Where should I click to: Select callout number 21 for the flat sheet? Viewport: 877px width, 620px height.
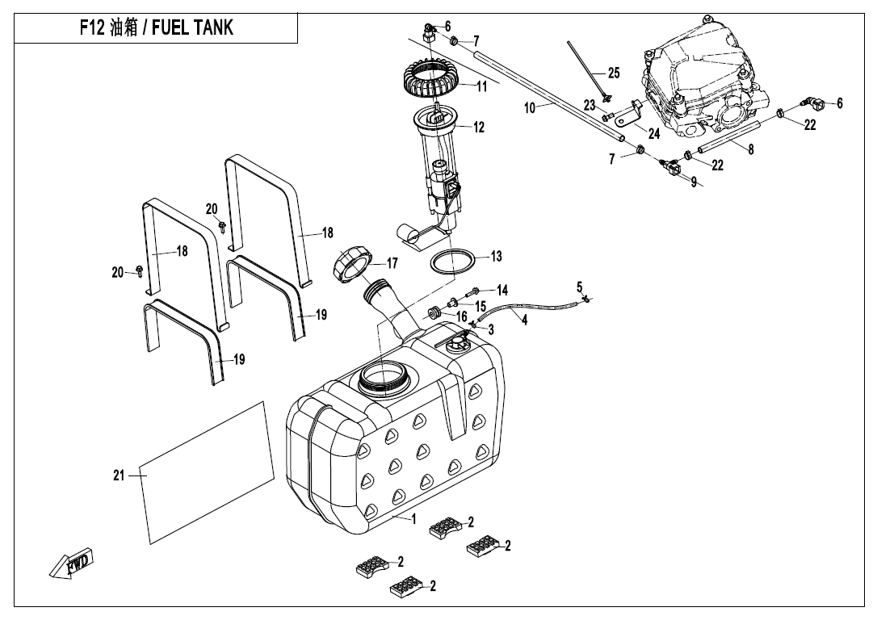119,475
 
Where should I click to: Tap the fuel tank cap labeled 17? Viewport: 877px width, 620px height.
353,266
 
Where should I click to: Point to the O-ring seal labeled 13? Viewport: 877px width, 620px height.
452,262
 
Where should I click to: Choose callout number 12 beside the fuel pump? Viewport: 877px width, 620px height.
479,128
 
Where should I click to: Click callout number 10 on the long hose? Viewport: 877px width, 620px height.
530,107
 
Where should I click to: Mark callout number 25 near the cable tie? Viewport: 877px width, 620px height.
614,73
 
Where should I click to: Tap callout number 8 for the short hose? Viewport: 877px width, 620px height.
751,149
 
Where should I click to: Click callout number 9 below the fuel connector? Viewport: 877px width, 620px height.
693,182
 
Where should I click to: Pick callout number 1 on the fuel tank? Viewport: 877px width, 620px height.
413,520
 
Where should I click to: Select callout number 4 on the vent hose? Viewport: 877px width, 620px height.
525,320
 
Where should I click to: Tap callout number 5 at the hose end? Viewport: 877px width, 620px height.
580,287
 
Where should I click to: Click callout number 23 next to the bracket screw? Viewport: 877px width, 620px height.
590,105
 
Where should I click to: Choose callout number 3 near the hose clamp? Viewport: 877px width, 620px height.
491,329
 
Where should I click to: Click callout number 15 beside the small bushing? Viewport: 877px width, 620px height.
480,307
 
